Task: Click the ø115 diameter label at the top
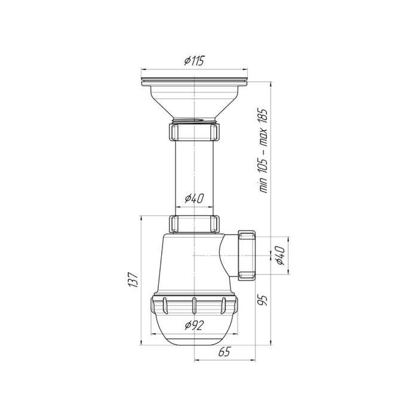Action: pyautogui.click(x=194, y=61)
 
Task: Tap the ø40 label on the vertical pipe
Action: pyautogui.click(x=194, y=198)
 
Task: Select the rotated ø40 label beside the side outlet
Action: pyautogui.click(x=280, y=256)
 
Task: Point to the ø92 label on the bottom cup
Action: pyautogui.click(x=194, y=325)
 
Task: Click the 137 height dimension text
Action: pyautogui.click(x=133, y=279)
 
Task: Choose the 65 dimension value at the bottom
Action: pyautogui.click(x=224, y=352)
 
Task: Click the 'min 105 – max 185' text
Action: pyautogui.click(x=263, y=151)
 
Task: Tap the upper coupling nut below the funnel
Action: pyautogui.click(x=194, y=132)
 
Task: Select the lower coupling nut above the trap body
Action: pyautogui.click(x=194, y=224)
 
